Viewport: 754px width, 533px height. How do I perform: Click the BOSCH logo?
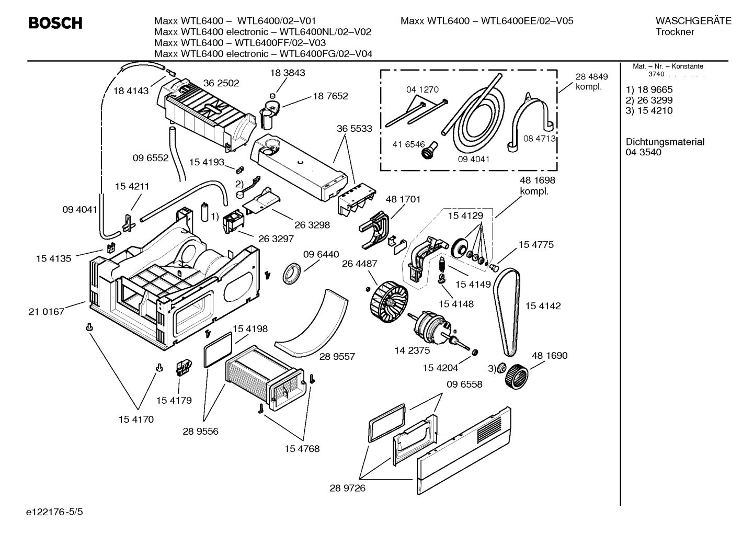coord(55,23)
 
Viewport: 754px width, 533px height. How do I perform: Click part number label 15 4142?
coord(542,306)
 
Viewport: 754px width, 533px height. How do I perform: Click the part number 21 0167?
coord(46,312)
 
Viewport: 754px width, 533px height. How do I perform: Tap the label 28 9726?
coord(347,488)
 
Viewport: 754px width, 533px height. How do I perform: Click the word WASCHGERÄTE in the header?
coord(693,21)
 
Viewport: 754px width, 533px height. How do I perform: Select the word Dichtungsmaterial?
coord(665,142)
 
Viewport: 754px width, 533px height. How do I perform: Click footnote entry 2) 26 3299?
coord(649,100)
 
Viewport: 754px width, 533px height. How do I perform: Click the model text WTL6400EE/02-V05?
coord(527,21)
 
